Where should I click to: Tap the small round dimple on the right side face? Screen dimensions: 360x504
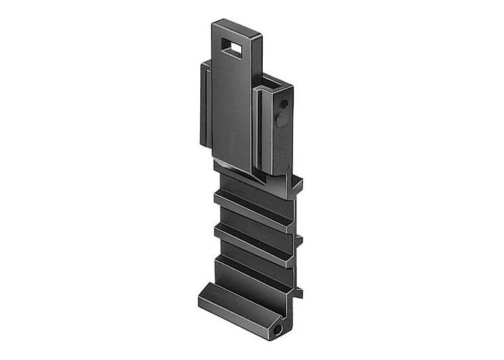(283, 104)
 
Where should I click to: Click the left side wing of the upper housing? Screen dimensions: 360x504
(204, 104)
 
